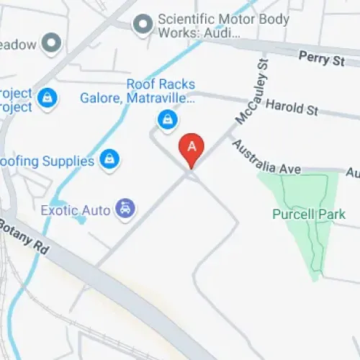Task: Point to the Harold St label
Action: click(292, 107)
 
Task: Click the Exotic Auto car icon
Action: click(126, 209)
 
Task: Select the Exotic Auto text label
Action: click(76, 210)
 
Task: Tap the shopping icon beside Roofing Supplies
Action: click(109, 158)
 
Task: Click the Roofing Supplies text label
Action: click(48, 160)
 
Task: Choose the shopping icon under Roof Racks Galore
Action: click(167, 118)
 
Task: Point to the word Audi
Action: click(224, 34)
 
